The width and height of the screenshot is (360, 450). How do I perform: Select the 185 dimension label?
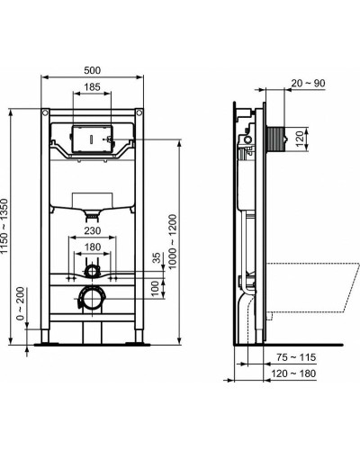point(92,87)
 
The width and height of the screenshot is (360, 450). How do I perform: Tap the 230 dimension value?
point(92,229)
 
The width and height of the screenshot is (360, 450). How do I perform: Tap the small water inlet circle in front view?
point(91,269)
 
